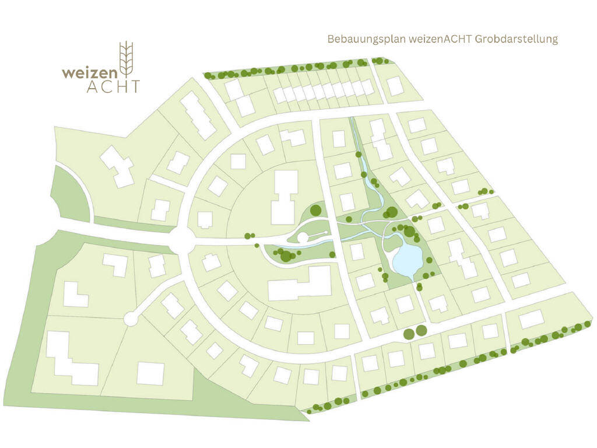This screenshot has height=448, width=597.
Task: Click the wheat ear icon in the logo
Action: point(126,59)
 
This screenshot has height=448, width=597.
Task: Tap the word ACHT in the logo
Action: point(113,86)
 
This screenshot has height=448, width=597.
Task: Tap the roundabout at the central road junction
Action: point(182,239)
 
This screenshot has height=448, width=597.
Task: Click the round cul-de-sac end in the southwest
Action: point(131,318)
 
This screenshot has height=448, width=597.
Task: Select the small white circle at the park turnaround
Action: point(303,237)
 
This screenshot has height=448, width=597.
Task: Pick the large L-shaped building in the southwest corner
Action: point(70,359)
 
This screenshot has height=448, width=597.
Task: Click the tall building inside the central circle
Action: point(285,197)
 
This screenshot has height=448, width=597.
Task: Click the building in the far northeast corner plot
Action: point(395,85)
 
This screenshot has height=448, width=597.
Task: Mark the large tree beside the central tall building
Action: point(315,210)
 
